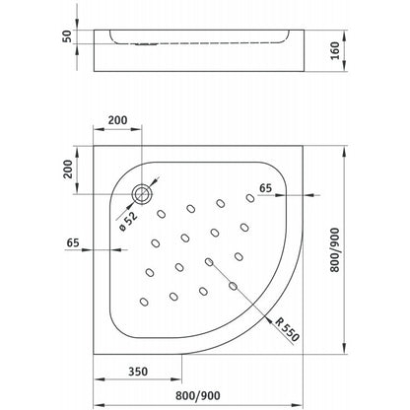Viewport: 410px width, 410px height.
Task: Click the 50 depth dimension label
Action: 67,36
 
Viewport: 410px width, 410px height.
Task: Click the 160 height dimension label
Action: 335,50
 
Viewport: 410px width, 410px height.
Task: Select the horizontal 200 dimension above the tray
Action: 117,120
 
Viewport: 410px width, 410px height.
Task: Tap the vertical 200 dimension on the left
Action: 67,169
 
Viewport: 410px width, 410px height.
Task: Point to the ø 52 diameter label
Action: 128,221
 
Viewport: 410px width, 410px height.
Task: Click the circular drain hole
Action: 142,194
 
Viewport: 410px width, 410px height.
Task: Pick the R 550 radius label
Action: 287,329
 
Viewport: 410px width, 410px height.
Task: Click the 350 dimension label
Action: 138,372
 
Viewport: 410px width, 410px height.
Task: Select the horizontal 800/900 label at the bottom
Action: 198,395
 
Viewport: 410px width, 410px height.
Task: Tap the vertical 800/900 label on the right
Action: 335,250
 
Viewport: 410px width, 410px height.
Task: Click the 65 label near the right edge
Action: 265,188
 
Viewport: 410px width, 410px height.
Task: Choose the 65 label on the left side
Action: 73,242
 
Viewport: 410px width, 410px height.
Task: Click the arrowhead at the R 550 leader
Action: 269,319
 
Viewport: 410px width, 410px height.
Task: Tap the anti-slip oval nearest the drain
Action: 161,214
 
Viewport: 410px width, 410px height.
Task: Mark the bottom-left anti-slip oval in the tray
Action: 144,302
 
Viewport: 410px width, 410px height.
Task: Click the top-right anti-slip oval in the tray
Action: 250,198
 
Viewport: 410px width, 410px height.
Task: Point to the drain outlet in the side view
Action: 147,44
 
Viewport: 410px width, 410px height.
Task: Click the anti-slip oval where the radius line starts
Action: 209,262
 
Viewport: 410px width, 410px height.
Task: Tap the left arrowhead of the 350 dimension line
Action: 100,379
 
